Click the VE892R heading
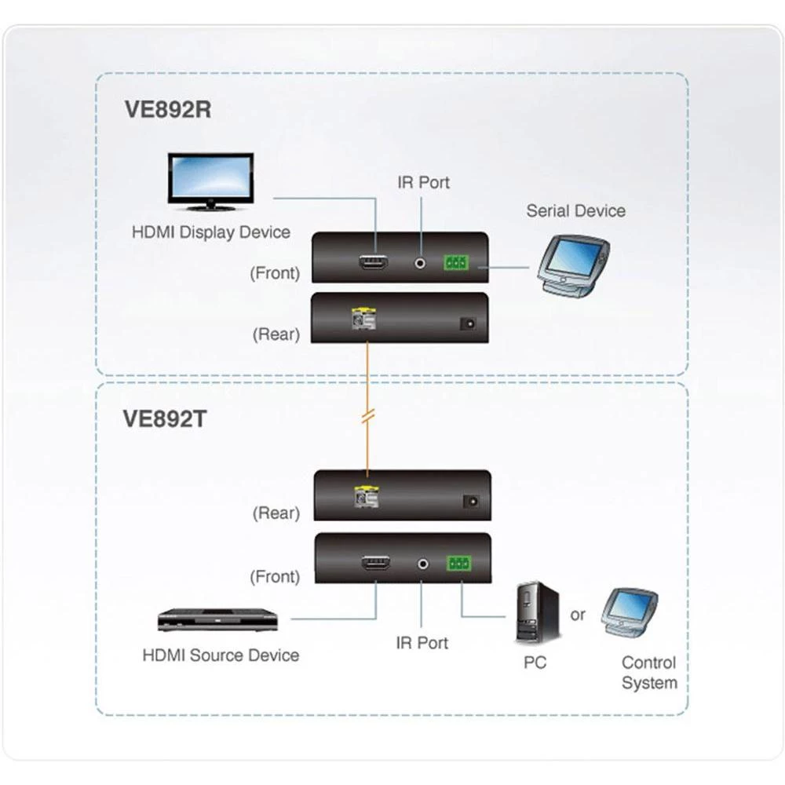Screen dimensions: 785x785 167,108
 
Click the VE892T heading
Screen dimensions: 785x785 164,418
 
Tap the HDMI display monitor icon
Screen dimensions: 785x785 210,181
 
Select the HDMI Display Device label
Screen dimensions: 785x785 211,232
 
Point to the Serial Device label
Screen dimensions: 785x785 575,210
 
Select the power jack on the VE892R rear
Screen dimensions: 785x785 469,323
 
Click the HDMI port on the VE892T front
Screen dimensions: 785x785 375,563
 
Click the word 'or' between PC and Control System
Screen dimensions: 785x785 578,615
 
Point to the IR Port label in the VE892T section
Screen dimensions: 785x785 422,642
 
